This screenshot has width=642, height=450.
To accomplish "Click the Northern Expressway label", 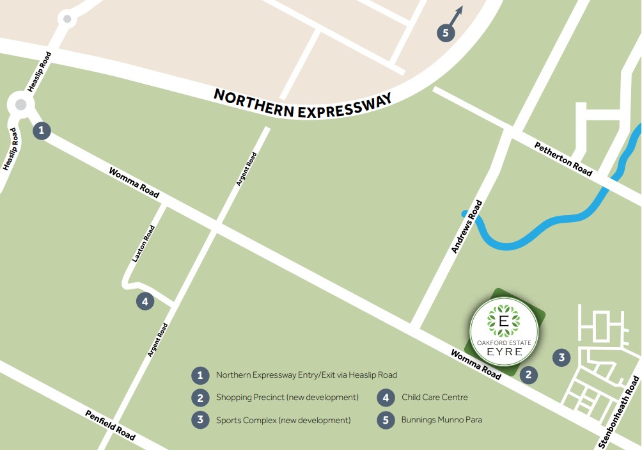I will point(302,104).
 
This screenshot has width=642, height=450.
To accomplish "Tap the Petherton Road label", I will point(563,159).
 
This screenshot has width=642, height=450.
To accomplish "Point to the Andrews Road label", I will point(467,227).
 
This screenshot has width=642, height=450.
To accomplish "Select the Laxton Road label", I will point(143,244).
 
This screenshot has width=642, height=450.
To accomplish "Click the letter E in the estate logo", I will point(503,320).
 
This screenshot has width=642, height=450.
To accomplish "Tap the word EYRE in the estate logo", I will point(504,353).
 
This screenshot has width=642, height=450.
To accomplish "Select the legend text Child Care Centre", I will point(434,398).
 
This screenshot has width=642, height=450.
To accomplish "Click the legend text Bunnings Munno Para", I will point(441,420).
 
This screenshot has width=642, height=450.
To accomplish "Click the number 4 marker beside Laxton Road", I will point(145,301).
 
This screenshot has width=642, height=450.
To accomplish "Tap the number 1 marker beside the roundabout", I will point(42,131).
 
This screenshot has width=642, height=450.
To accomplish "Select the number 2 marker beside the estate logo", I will point(528,376).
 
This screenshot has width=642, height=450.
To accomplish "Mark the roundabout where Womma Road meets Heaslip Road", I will point(21,104).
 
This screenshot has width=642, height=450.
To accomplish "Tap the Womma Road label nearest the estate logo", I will point(476,365).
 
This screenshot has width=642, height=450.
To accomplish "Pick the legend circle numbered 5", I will point(386,420).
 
